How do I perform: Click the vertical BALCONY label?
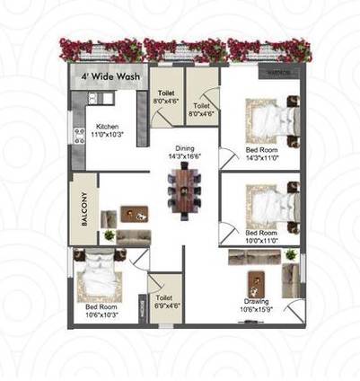coord(83,212)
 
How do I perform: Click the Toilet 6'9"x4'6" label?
coord(165,301)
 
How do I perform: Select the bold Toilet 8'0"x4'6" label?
coord(165,98)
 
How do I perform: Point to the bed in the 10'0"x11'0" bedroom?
coord(271,205)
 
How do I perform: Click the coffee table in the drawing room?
coord(258,280)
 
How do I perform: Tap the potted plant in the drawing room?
coord(290,255)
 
